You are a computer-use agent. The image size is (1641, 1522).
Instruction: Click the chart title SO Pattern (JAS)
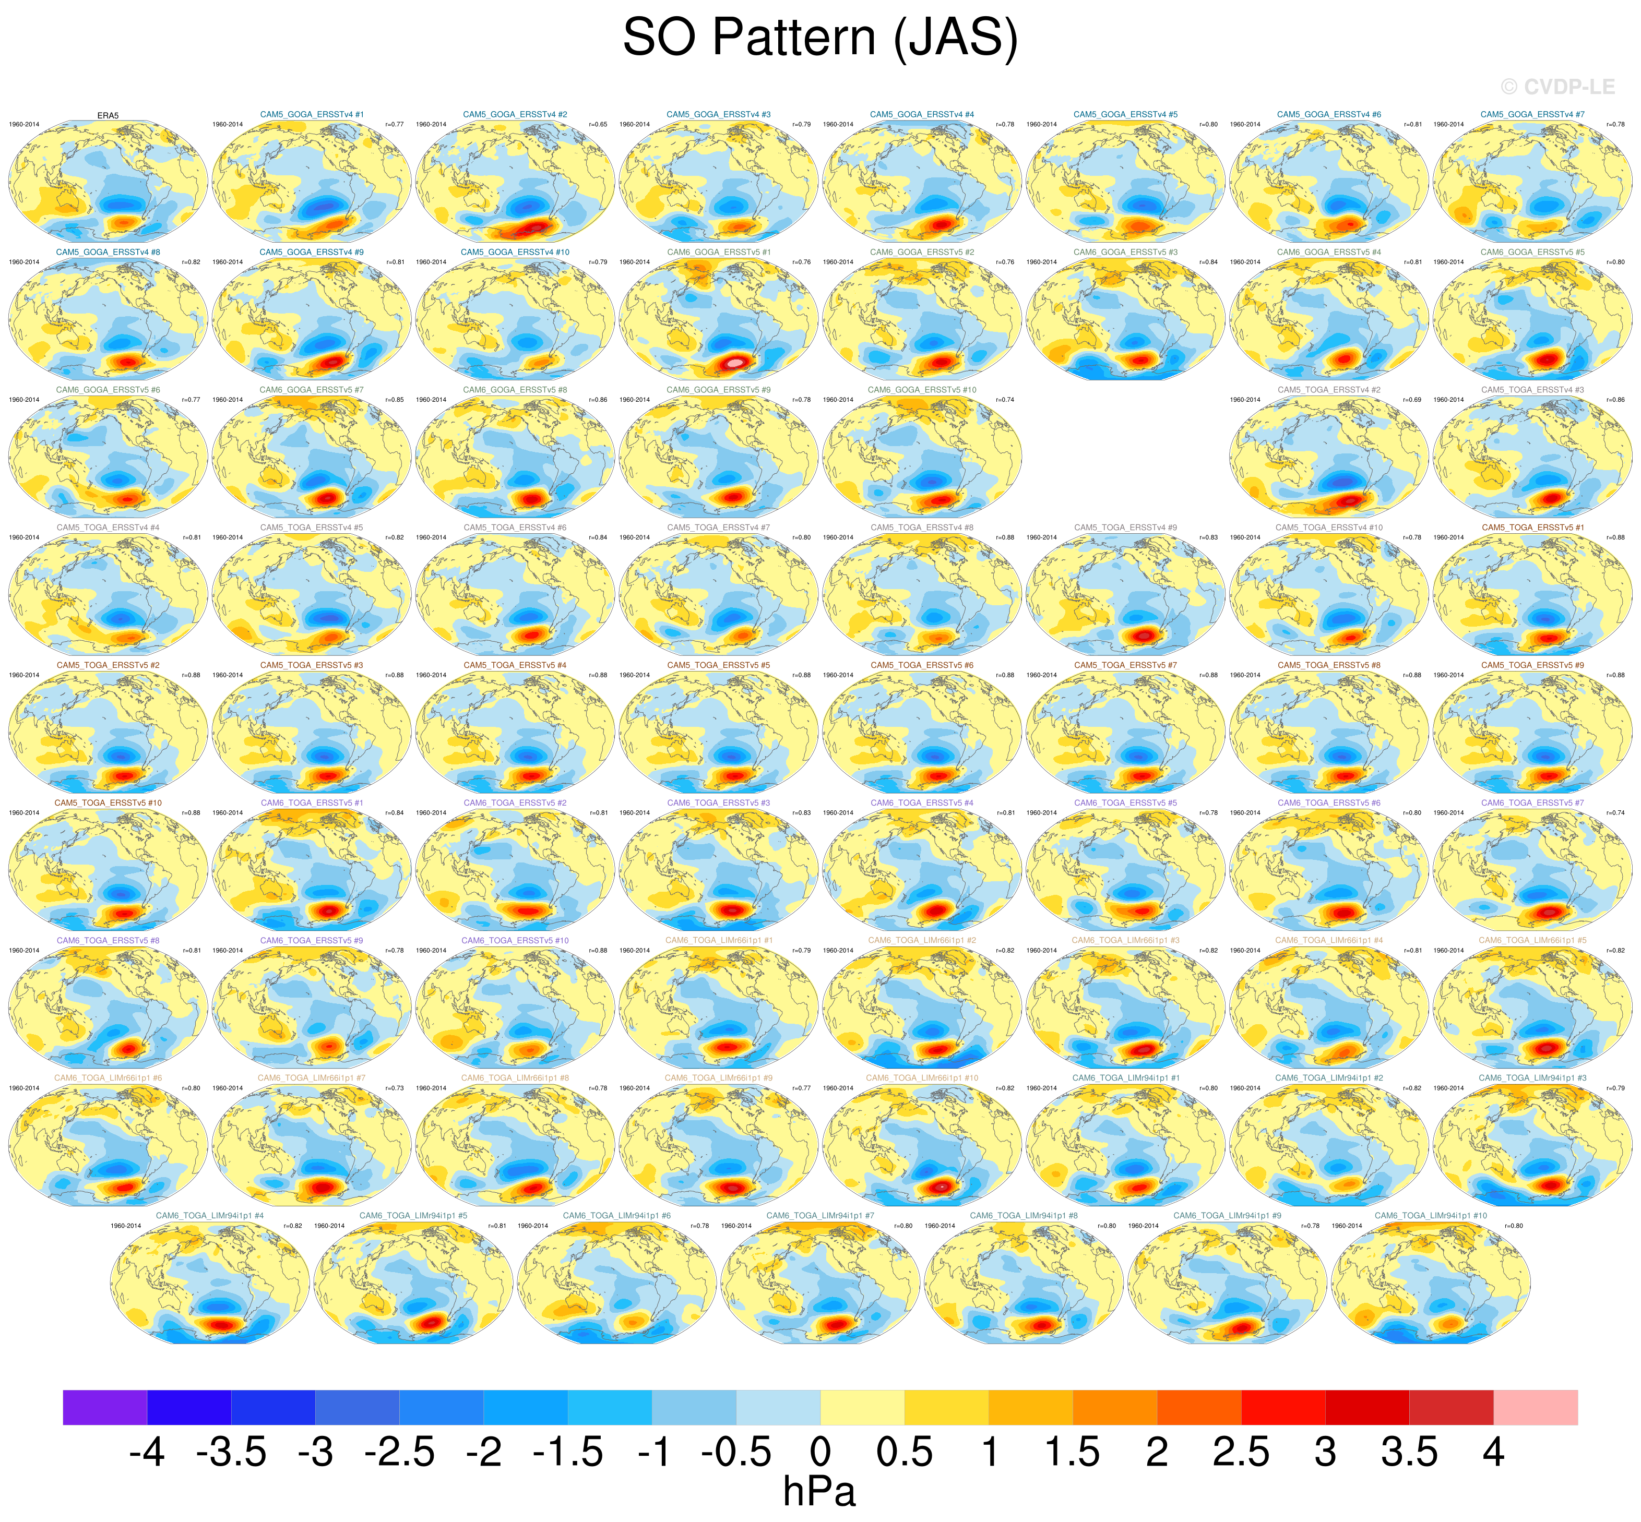click(819, 38)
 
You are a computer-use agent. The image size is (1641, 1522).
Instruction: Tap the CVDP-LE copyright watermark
click(1557, 87)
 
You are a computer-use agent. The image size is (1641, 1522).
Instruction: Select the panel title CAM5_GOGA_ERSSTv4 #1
click(312, 114)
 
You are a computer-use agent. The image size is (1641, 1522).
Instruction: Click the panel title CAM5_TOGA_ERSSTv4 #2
click(1329, 390)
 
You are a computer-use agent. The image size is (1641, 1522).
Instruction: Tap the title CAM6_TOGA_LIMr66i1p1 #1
click(718, 941)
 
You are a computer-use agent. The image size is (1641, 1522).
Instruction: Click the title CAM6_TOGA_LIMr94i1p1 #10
click(1431, 1216)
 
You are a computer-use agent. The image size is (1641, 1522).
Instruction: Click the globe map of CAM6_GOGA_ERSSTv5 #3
click(1125, 319)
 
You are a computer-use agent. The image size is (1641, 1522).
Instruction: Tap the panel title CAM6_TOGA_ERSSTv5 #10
click(515, 941)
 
